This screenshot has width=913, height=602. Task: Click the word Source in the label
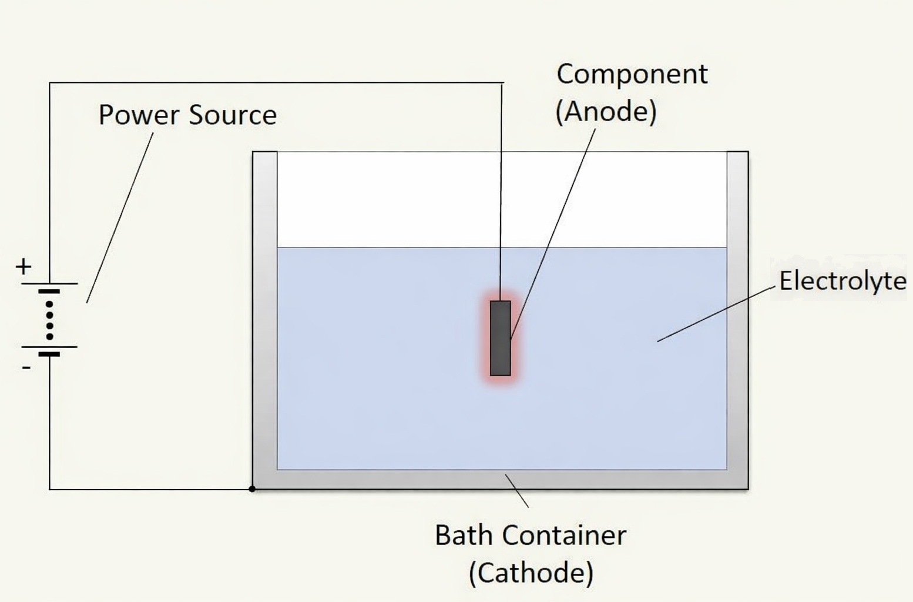[x=232, y=115]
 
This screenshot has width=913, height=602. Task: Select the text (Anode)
[x=606, y=111]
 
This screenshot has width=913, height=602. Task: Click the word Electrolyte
[x=842, y=281]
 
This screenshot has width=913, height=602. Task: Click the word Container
[x=564, y=536]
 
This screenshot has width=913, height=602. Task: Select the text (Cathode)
[x=531, y=573]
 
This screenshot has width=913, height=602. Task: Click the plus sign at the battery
[x=24, y=267]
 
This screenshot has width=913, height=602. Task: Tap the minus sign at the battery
[x=26, y=367]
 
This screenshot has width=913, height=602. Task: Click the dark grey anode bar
[x=501, y=338]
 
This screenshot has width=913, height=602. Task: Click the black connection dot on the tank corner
[x=252, y=489]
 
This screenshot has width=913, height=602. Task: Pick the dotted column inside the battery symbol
[x=49, y=320]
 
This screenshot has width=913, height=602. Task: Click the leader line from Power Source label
[x=120, y=218]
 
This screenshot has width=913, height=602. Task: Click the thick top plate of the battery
[x=49, y=291]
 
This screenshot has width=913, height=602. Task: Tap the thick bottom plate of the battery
[x=49, y=354]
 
